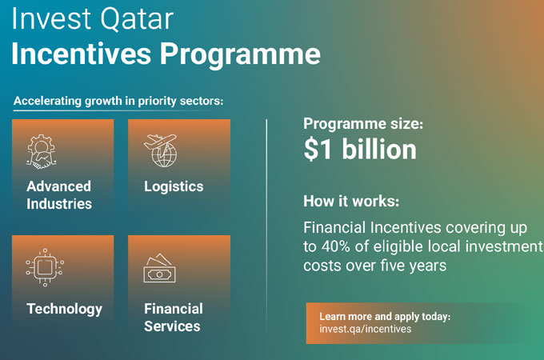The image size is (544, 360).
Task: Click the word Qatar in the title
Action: [x=137, y=19]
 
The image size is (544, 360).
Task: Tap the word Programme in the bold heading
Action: [x=240, y=55]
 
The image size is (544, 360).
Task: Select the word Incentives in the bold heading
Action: [x=81, y=54]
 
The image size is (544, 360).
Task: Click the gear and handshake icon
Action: [x=42, y=151]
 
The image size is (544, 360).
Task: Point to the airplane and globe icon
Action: [x=161, y=150]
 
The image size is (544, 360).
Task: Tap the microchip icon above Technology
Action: [x=45, y=267]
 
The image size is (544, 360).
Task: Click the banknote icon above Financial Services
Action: [x=159, y=268]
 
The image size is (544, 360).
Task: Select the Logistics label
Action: [x=174, y=187]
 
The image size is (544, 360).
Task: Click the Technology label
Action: [x=65, y=309]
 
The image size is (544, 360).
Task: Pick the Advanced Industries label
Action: [x=59, y=195]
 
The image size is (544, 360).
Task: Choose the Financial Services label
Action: [x=174, y=318]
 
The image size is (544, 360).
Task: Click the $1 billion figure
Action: [x=360, y=150]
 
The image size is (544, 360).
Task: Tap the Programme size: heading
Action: [x=363, y=124]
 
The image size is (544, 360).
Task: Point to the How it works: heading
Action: [x=351, y=201]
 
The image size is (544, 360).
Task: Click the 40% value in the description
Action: [x=335, y=246]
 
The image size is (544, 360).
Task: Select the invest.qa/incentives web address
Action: [x=366, y=329]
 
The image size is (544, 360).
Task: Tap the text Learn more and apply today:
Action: [x=385, y=316]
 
